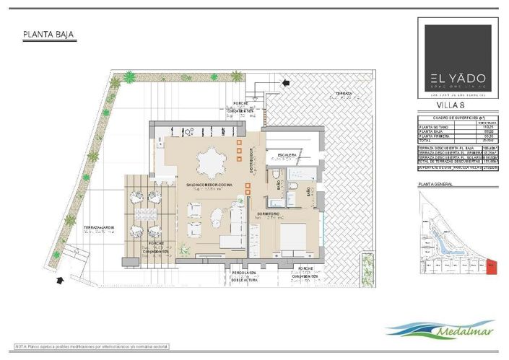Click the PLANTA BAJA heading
[48, 34]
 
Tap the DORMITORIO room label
[269, 214]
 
